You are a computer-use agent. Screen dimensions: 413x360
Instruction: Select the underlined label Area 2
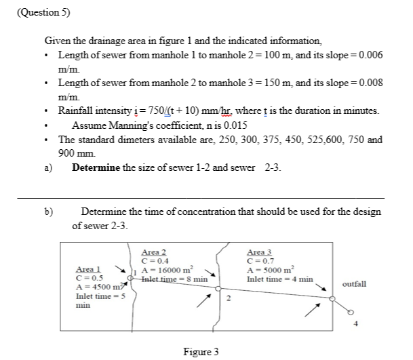155,252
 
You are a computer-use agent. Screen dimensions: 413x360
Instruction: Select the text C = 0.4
155,260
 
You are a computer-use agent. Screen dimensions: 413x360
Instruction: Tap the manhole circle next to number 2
218,289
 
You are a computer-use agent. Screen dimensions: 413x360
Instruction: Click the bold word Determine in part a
96,167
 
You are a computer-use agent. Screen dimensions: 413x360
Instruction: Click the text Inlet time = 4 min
279,278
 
